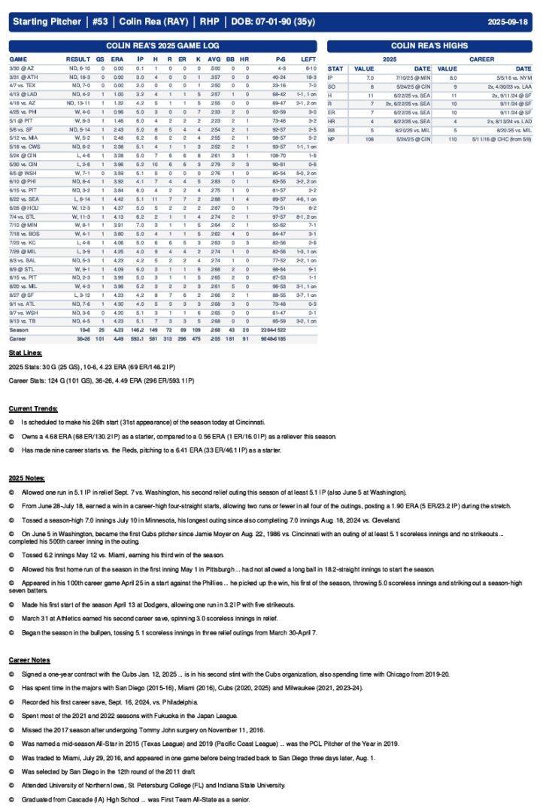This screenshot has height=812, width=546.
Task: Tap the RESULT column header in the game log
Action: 77,58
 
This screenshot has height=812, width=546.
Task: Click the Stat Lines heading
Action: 26,352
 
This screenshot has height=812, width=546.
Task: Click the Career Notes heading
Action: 29,659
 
